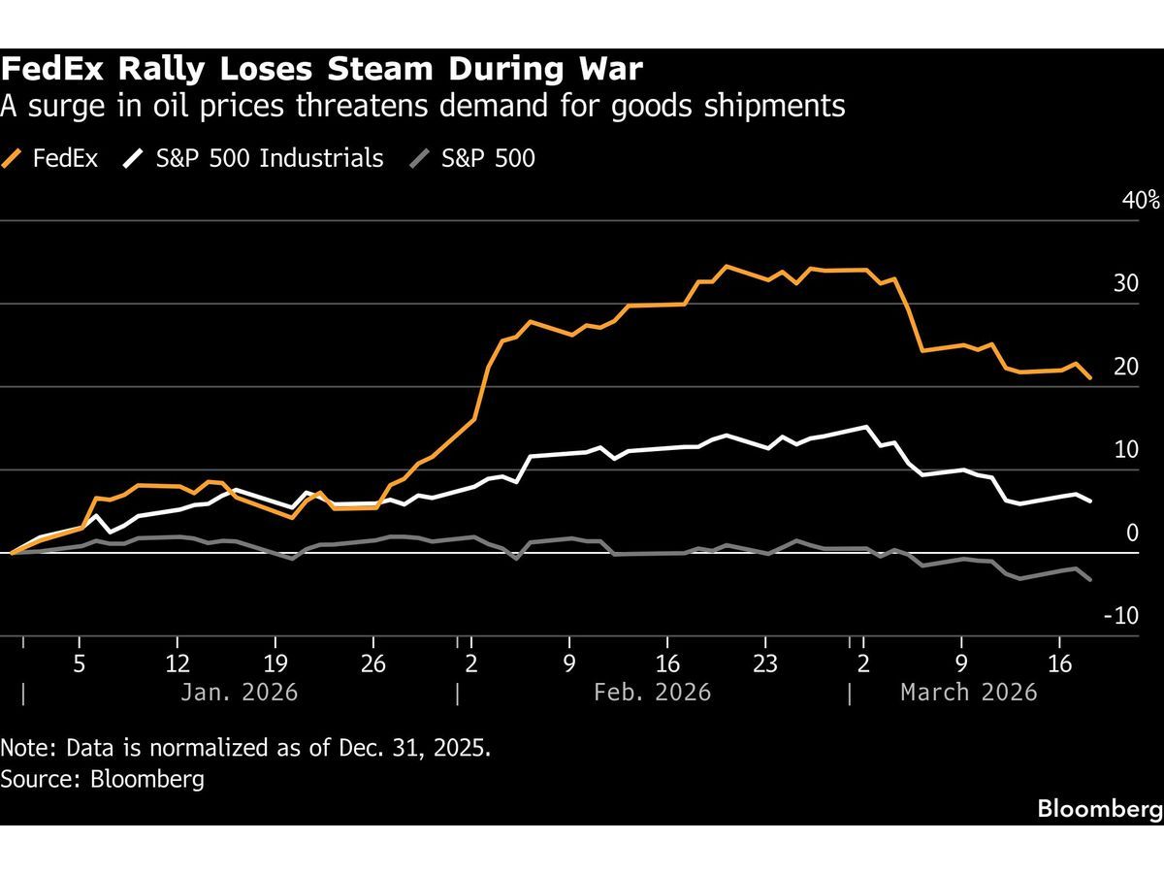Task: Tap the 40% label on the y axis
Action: click(x=1141, y=201)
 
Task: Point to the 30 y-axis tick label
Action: click(x=1125, y=283)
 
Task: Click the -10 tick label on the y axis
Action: click(x=1120, y=616)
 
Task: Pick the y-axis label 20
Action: click(x=1125, y=367)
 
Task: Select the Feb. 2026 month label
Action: click(x=651, y=693)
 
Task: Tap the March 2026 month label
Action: click(x=968, y=693)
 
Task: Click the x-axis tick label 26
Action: click(x=373, y=665)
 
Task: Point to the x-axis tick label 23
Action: click(x=764, y=665)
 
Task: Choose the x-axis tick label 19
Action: click(x=275, y=665)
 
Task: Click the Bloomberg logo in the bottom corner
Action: click(x=1099, y=809)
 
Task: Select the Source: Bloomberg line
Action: click(x=103, y=779)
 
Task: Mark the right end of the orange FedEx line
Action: click(x=1091, y=378)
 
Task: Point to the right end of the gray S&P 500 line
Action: click(x=1091, y=580)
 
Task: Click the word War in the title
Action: click(x=613, y=70)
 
